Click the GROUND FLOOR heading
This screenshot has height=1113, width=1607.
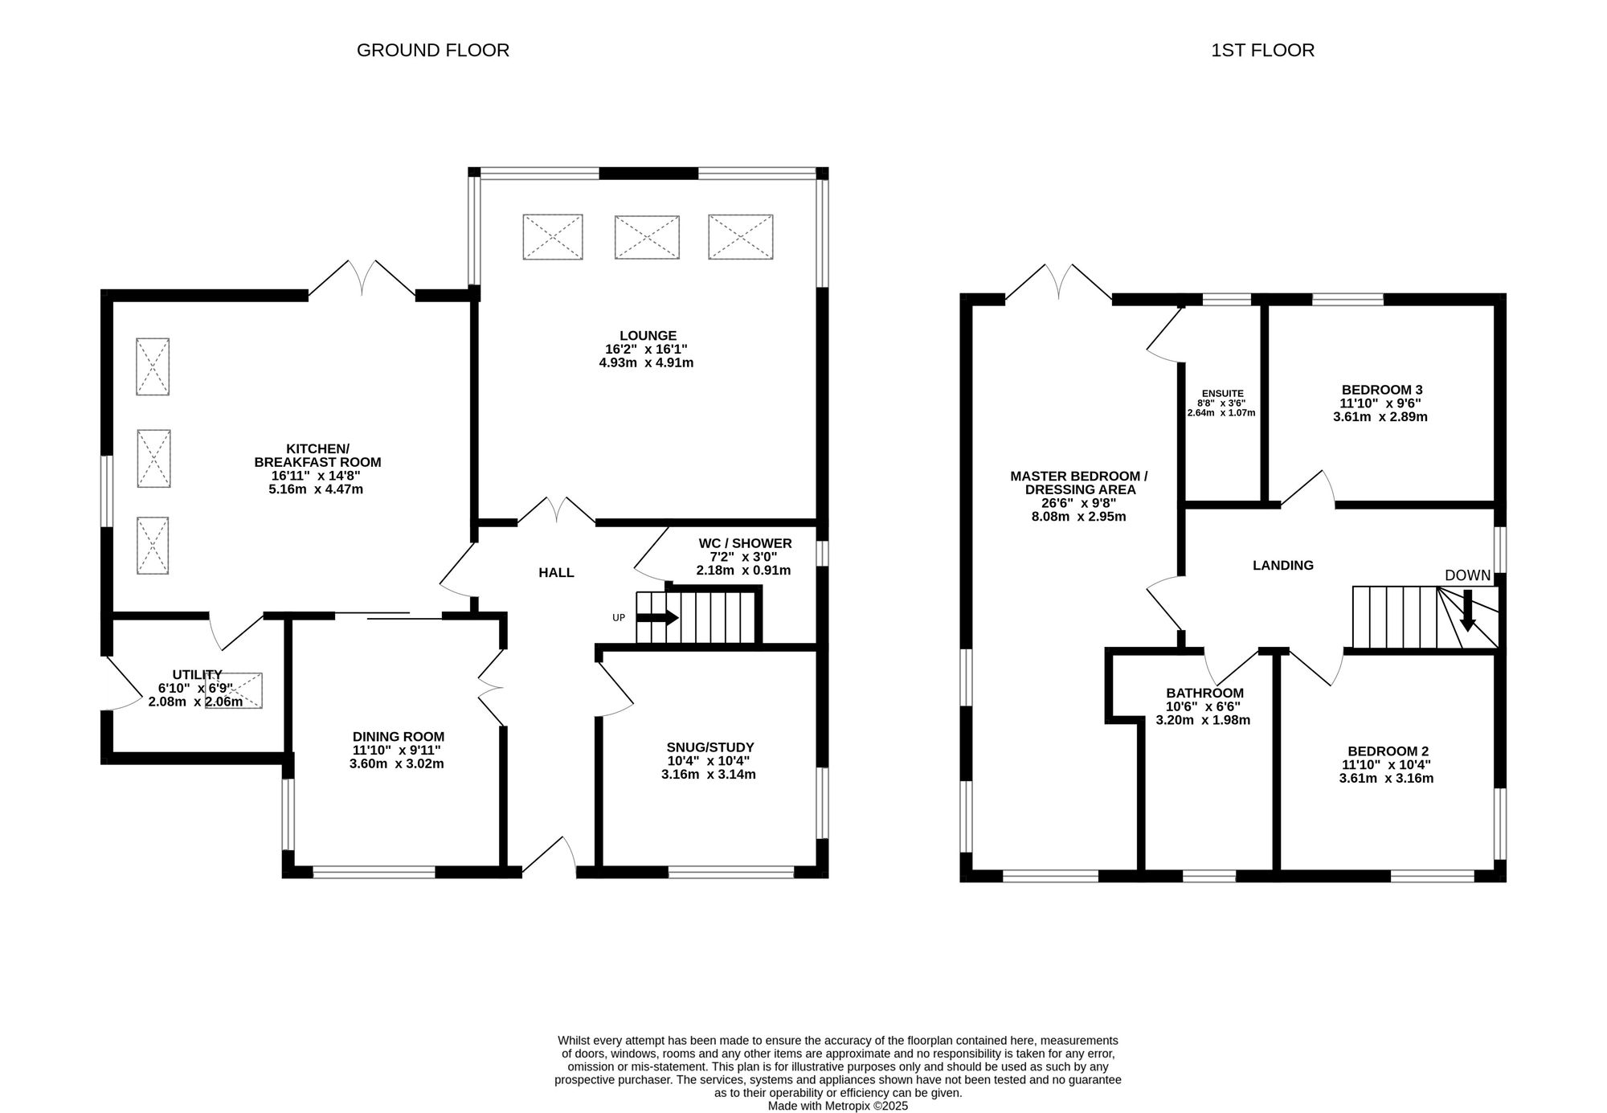[x=432, y=51]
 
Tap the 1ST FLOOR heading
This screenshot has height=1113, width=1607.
[x=1262, y=51]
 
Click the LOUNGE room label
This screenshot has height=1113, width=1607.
[x=648, y=336]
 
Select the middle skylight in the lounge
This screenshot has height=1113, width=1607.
[x=647, y=237]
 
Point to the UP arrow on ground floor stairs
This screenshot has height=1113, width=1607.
[x=657, y=617]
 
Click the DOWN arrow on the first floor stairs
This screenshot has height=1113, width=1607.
[x=1468, y=611]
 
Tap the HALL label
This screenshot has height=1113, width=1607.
[x=556, y=573]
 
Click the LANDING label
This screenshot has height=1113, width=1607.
[x=1283, y=566]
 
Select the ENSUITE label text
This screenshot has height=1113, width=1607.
[x=1222, y=394]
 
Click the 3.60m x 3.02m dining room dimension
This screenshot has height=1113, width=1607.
[x=397, y=764]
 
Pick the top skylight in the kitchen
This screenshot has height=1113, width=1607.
[x=153, y=366]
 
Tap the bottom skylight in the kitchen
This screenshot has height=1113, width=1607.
[x=153, y=546]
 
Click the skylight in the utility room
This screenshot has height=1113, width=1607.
[x=234, y=690]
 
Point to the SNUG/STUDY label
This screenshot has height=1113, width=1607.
[x=710, y=747]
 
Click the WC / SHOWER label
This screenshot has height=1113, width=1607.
[x=745, y=544]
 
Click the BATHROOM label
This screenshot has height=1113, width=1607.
[x=1204, y=694]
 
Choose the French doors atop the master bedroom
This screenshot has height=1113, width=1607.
[x=1059, y=283]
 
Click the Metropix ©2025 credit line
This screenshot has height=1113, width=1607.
[x=837, y=1106]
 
